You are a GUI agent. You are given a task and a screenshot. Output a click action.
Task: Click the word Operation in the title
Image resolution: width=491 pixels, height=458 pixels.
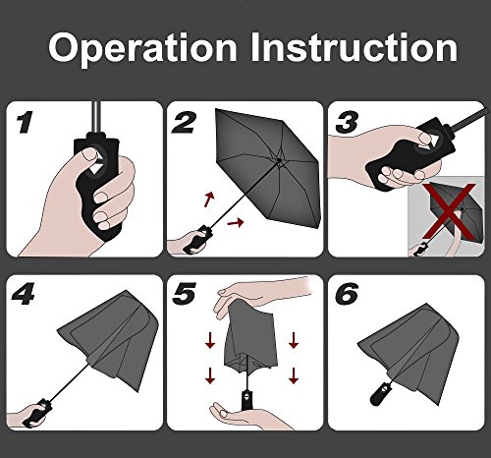(x=142, y=49)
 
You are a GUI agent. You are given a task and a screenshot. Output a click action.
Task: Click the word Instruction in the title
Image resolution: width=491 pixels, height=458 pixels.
(x=355, y=47)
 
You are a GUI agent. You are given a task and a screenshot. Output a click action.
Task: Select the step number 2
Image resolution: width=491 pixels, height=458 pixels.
(x=184, y=123)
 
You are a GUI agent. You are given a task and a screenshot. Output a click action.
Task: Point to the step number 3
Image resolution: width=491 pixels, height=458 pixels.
(x=347, y=123)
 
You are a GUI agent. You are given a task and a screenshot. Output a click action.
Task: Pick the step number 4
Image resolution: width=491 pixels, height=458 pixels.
(x=23, y=294)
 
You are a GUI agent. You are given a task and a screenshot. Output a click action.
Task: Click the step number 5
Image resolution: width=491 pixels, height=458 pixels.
(x=184, y=294)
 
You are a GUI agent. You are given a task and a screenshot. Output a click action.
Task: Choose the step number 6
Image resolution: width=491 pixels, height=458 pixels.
(x=348, y=294)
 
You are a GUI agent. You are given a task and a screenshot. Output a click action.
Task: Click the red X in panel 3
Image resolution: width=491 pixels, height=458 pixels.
(x=449, y=211)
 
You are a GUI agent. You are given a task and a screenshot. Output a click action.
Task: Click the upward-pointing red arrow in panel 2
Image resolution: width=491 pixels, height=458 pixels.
(x=209, y=200)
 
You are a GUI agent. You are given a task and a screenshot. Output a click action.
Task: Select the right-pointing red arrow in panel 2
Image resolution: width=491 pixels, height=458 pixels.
(x=236, y=223)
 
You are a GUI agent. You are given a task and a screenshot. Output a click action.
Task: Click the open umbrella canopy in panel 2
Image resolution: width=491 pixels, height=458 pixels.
(x=267, y=168)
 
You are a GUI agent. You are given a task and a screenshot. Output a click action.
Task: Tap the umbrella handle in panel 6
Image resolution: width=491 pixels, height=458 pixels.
(x=381, y=393)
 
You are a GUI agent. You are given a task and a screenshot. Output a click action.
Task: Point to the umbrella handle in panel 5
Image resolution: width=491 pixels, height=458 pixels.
(x=246, y=400)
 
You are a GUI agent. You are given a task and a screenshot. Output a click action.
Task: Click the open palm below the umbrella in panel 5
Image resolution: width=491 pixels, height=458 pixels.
(x=248, y=416)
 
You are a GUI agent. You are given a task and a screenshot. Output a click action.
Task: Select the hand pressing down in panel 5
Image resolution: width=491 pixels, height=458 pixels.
(x=258, y=295)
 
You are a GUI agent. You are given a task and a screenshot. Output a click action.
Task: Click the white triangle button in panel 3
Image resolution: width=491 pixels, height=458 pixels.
(x=431, y=140)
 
